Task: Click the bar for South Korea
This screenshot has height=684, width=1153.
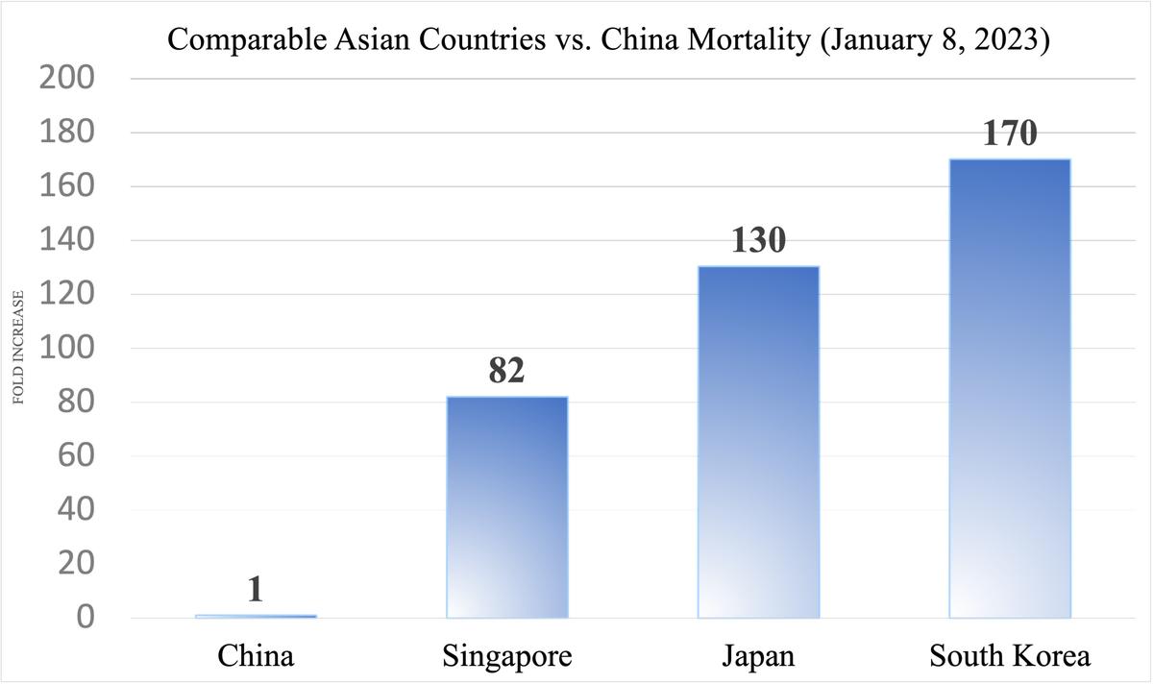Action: coord(1010,388)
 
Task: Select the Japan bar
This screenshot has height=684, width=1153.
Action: coord(758,442)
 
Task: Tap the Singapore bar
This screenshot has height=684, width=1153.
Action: coord(506,506)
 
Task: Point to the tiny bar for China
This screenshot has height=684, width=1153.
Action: coord(256,616)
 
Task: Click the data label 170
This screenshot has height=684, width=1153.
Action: coord(1010,133)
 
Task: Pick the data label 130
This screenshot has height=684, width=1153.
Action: coord(758,240)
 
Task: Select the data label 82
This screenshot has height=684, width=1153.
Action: coord(506,370)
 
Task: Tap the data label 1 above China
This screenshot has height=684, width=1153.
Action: coord(256,589)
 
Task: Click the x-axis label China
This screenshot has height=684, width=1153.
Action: coord(256,656)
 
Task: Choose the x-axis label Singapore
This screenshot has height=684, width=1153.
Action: coord(506,656)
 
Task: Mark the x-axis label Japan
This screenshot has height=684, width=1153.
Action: coord(758,656)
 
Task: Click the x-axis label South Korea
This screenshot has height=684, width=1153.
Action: coord(1010,656)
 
